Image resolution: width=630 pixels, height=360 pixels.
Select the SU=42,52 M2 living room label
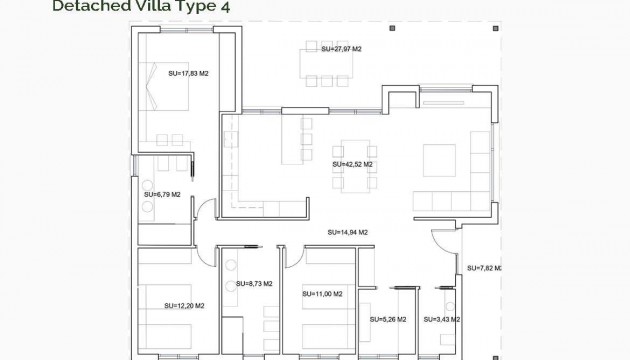coord(352,164)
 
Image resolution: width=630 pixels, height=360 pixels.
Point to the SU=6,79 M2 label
coord(162,194)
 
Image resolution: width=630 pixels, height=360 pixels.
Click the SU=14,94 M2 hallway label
coord(348,232)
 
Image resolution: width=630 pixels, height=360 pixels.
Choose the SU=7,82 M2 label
coord(483,268)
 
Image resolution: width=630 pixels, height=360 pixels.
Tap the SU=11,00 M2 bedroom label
coord(322,294)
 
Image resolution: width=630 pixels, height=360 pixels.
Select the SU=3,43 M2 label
coord(442,320)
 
